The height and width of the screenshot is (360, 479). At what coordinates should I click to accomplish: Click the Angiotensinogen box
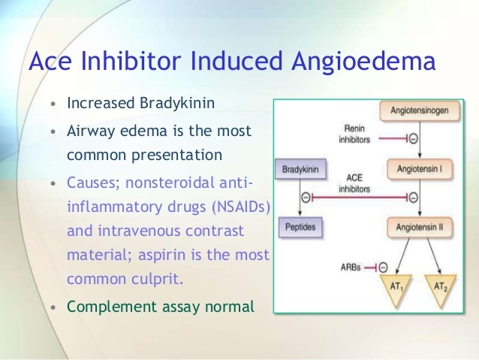419,111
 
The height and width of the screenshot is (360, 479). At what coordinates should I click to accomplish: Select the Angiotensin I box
419,170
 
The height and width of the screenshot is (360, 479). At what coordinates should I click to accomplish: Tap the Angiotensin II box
419,225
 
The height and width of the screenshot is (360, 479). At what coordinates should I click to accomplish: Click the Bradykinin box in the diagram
300,170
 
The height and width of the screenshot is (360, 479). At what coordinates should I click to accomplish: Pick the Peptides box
300,225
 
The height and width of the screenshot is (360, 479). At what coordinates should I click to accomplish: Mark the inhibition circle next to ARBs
383,266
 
